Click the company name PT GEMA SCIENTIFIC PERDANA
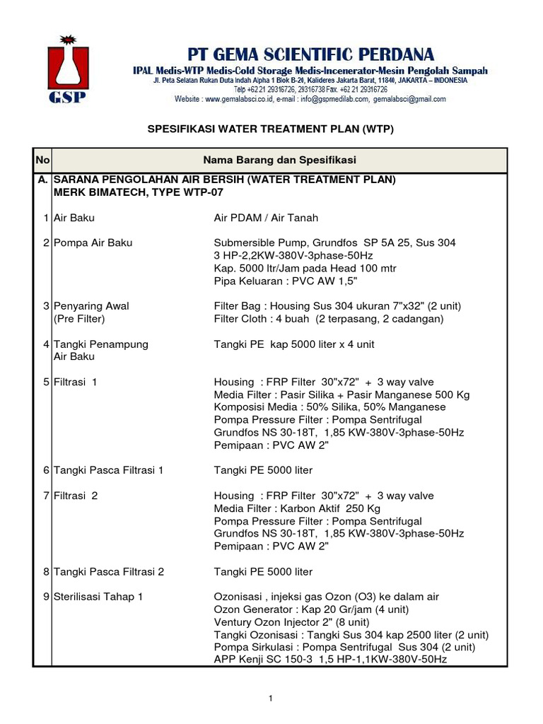[x=310, y=54]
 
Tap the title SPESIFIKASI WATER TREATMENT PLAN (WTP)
[x=269, y=130]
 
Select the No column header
[x=42, y=160]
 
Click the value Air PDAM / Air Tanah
[x=266, y=218]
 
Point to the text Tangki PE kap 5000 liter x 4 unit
[x=294, y=344]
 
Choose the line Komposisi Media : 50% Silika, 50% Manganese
[x=329, y=407]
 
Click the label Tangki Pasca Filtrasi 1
[x=108, y=470]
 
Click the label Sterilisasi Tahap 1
[x=98, y=597]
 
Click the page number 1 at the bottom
[x=270, y=699]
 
